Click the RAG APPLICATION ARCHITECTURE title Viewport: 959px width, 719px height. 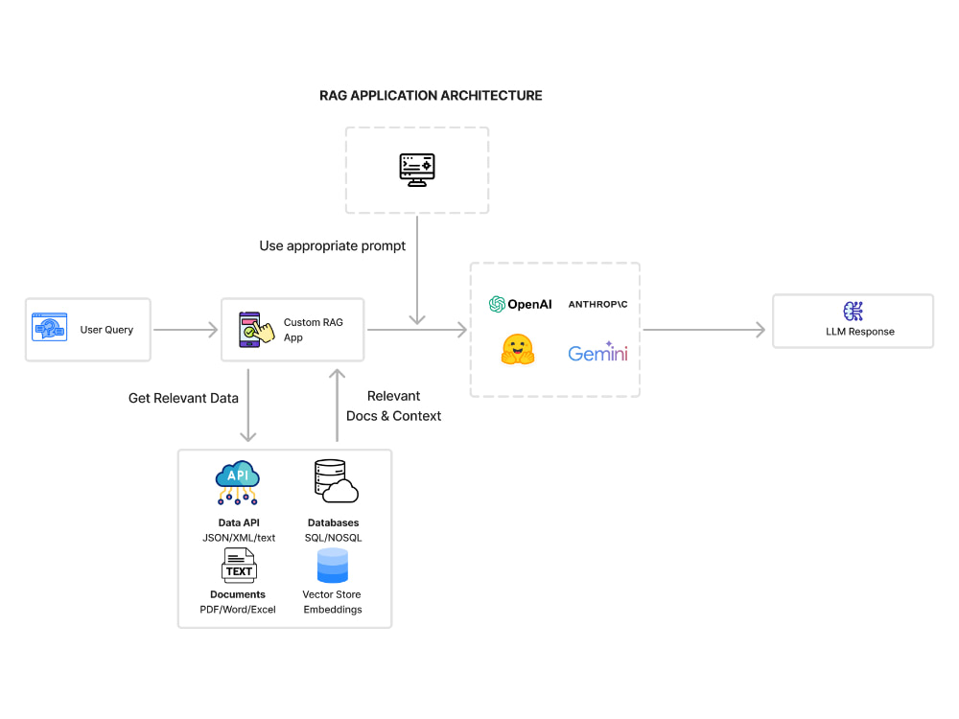coord(431,96)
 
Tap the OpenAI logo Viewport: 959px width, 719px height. coord(520,304)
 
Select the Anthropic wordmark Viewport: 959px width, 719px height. coord(597,304)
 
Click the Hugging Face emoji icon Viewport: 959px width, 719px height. coord(517,350)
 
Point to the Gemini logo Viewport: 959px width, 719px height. coord(597,353)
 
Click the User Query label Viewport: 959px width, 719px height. coord(106,330)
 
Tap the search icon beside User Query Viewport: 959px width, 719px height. coord(50,328)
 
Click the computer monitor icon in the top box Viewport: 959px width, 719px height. coord(417,168)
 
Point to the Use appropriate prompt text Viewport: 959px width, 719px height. coord(332,246)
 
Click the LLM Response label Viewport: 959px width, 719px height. coord(860,332)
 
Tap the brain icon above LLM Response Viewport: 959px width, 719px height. coord(854,311)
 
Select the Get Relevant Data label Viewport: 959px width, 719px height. coord(183,398)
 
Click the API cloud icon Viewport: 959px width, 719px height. coord(238,481)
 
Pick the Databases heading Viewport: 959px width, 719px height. coord(333,523)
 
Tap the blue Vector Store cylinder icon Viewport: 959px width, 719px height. coord(332,567)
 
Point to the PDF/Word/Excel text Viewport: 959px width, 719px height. coord(238,610)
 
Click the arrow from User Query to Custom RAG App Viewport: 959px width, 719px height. coord(186,330)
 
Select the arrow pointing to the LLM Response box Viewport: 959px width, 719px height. coord(705,330)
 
